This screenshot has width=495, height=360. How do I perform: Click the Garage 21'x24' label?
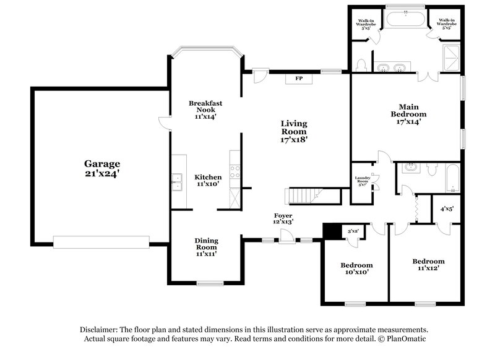pyautogui.click(x=102, y=169)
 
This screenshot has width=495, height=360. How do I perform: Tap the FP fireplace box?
pyautogui.click(x=298, y=79)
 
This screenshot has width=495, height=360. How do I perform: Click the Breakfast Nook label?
pyautogui.click(x=206, y=109)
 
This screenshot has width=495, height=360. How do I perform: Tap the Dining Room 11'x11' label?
pyautogui.click(x=206, y=247)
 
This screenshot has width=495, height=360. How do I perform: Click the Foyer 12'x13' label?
pyautogui.click(x=284, y=218)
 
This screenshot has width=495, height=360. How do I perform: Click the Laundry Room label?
pyautogui.click(x=362, y=181)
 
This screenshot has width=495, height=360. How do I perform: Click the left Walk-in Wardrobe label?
pyautogui.click(x=364, y=23)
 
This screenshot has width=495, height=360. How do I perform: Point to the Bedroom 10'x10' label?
pyautogui.click(x=356, y=268)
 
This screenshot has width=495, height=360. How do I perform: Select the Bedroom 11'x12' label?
pyautogui.click(x=428, y=265)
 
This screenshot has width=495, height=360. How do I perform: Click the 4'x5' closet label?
pyautogui.click(x=446, y=208)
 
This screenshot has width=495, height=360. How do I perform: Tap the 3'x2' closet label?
pyautogui.click(x=353, y=231)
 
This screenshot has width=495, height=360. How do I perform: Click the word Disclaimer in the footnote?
pyautogui.click(x=99, y=330)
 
